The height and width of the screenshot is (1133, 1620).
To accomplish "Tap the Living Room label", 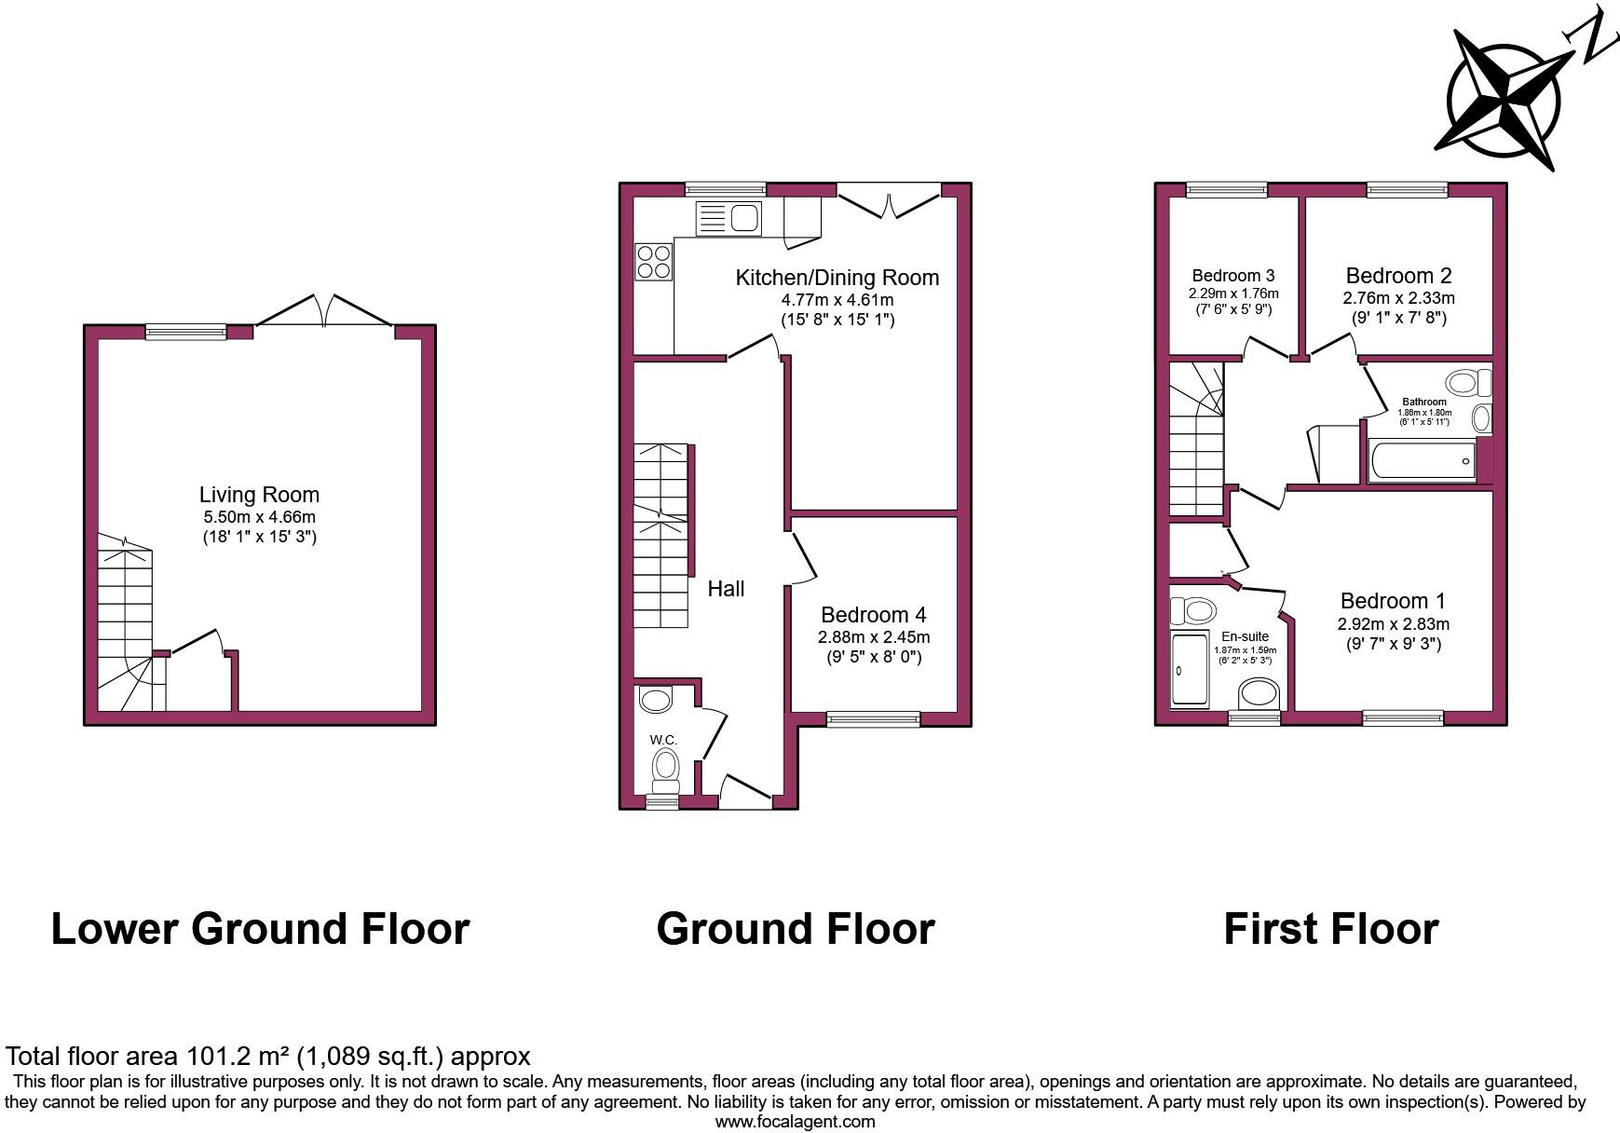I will pyautogui.click(x=259, y=495).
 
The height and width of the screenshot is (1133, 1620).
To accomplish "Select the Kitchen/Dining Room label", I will pyautogui.click(x=837, y=278).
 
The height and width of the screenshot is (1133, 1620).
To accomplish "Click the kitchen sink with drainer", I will pyautogui.click(x=728, y=218).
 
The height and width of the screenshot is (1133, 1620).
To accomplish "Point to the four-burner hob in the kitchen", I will pyautogui.click(x=653, y=261).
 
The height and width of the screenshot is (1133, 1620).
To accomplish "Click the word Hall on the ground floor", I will pyautogui.click(x=726, y=589).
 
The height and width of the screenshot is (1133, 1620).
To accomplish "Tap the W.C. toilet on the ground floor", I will pyautogui.click(x=665, y=768).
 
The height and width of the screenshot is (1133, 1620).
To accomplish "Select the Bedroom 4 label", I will pyautogui.click(x=873, y=615).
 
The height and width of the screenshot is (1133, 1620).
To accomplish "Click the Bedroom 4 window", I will pyautogui.click(x=873, y=718).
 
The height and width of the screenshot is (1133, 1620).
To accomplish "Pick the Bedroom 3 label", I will pyautogui.click(x=1232, y=276).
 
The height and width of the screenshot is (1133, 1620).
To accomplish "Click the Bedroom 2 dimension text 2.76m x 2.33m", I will pyautogui.click(x=1398, y=298).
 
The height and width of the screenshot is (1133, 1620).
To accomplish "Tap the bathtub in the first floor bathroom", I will pyautogui.click(x=1422, y=461).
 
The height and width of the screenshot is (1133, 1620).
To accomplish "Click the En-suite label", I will pyautogui.click(x=1245, y=636).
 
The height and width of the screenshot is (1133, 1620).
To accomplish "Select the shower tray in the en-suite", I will pyautogui.click(x=1189, y=668).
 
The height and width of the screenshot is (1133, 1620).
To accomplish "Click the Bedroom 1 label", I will pyautogui.click(x=1393, y=601).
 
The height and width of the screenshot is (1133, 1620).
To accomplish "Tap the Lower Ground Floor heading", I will pyautogui.click(x=260, y=929).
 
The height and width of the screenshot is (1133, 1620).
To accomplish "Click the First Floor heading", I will pyautogui.click(x=1330, y=929).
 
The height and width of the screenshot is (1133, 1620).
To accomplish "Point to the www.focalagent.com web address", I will pyautogui.click(x=795, y=1122).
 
